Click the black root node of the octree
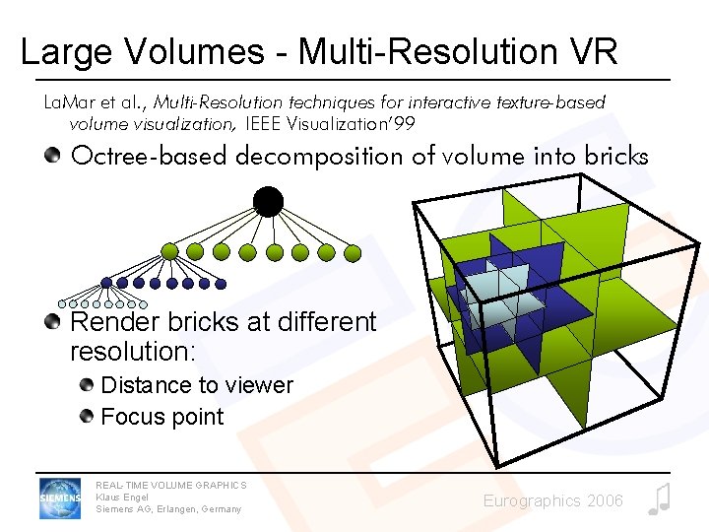tap(268, 202)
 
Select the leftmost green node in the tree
tap(170, 252)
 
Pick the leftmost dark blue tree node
tap(106, 284)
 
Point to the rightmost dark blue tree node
tap(221, 284)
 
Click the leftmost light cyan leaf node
tap(62, 303)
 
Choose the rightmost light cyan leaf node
tap(144, 303)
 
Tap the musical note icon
tap(659, 499)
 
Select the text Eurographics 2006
tap(552, 501)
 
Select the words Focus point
tap(162, 417)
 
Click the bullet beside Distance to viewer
tap(89, 384)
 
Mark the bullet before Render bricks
tap(52, 321)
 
